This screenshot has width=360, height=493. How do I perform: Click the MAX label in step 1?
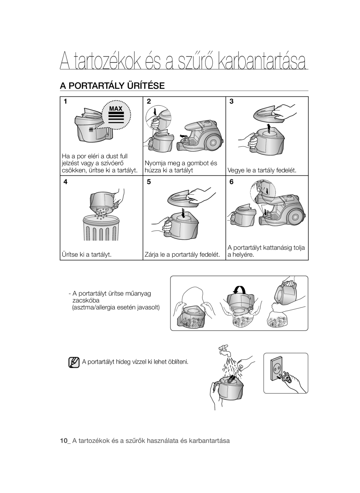116,109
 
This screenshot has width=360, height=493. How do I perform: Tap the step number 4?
66,182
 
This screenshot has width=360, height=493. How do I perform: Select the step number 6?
231,182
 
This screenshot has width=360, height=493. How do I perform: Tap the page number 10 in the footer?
63,441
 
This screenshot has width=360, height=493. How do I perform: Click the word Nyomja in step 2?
154,163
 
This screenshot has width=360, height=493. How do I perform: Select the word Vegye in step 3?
235,170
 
